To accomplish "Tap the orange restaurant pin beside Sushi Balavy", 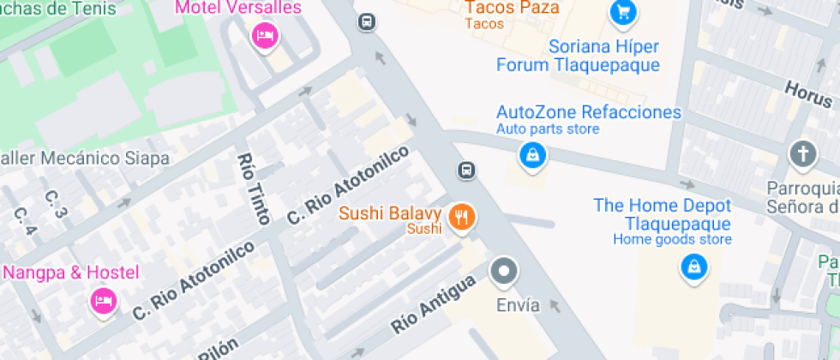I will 462,218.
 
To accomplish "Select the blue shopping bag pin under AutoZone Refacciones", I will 533,155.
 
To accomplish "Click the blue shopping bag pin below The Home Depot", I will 693,267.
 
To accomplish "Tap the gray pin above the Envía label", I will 504,272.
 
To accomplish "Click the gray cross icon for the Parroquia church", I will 802,154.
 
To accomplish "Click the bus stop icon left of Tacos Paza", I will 367,21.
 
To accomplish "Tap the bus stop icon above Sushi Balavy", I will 466,170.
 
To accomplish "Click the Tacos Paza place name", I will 505,8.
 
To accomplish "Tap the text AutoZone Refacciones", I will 589,112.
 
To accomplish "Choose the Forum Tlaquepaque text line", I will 579,65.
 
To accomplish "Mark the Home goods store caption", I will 672,239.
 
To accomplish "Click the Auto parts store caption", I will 548,129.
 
